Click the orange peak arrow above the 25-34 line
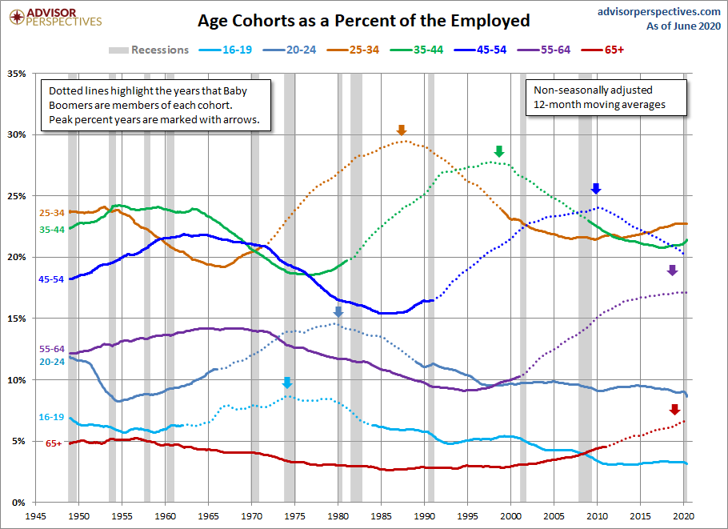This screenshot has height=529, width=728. click(x=402, y=130)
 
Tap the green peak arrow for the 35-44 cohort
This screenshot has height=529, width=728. click(x=499, y=151)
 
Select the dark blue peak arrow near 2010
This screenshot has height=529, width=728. click(x=596, y=188)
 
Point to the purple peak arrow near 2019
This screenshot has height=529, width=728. click(x=672, y=270)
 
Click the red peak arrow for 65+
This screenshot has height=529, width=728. click(x=674, y=409)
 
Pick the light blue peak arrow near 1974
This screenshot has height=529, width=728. click(x=287, y=383)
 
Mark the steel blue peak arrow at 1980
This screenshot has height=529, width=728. click(x=338, y=311)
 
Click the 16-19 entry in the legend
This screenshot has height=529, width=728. click(x=226, y=50)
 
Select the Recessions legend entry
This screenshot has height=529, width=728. click(x=149, y=50)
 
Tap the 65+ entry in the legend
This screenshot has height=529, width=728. click(x=602, y=50)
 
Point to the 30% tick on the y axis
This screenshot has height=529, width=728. click(x=16, y=134)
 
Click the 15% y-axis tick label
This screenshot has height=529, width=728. click(x=16, y=319)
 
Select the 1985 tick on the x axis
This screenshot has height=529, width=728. click(x=381, y=516)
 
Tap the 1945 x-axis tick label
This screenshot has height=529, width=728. click(x=35, y=516)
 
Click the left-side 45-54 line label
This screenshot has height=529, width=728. click(x=51, y=279)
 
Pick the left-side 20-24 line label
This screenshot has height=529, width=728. click(x=52, y=361)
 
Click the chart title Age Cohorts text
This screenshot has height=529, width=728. click(x=364, y=21)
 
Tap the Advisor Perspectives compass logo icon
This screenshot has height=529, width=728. click(x=17, y=18)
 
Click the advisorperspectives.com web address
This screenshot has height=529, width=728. click(x=659, y=12)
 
